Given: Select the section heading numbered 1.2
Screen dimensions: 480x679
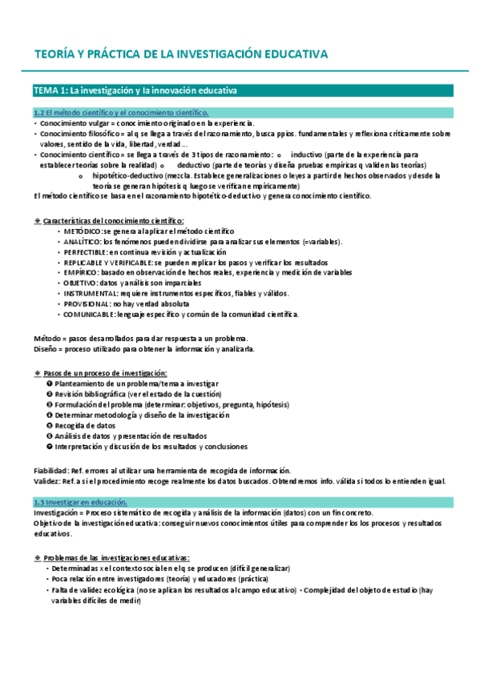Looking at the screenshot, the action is point(120,114).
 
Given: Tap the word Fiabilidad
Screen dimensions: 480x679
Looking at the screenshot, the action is point(50,471).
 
